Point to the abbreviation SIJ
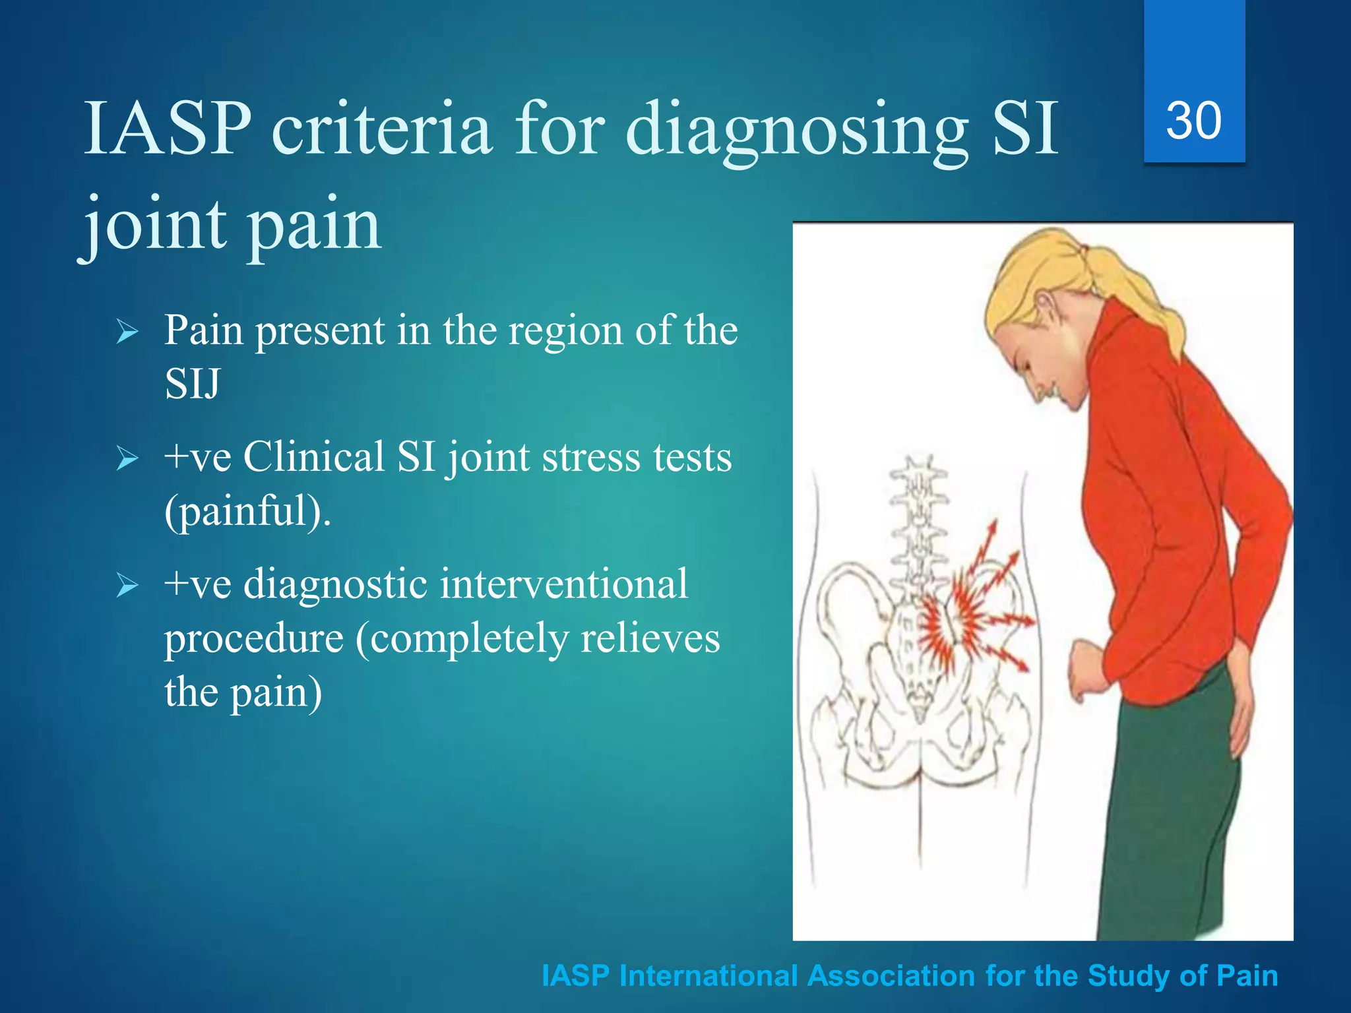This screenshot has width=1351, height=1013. [x=192, y=384]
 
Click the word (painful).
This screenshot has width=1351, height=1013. [x=247, y=512]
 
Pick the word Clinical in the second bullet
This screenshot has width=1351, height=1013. [x=314, y=456]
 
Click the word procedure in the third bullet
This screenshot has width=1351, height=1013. [x=254, y=638]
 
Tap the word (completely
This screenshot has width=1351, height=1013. [x=461, y=638]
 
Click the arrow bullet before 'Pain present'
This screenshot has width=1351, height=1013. [x=127, y=332]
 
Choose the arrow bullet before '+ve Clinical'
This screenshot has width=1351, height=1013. [x=127, y=458]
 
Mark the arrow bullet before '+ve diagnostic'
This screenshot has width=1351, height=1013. [x=127, y=586]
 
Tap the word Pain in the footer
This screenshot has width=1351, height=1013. [x=1247, y=976]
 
